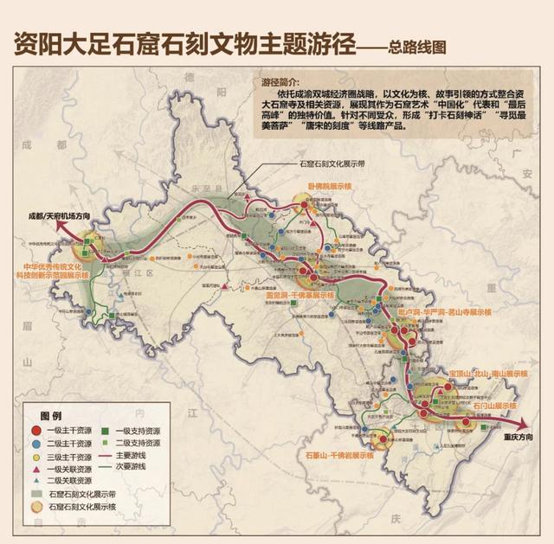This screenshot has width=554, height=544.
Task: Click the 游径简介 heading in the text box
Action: (278, 83)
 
